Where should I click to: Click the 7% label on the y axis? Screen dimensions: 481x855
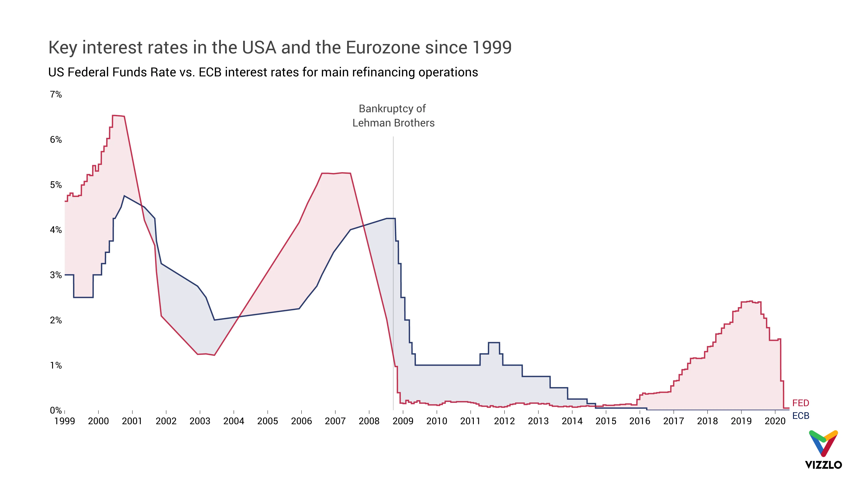point(56,95)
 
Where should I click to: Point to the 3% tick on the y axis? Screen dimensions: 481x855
point(56,275)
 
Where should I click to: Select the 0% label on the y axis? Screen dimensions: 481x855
point(56,411)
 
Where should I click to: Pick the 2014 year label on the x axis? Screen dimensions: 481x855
point(572,421)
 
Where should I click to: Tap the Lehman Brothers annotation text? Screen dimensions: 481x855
point(393,123)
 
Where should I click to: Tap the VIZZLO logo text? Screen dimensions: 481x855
point(823,465)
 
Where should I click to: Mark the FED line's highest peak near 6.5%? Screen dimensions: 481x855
point(118,116)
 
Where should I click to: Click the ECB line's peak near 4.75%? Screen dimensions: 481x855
point(124,196)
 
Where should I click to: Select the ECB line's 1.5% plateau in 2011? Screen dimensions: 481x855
point(494,342)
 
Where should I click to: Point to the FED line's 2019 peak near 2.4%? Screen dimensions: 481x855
point(751,302)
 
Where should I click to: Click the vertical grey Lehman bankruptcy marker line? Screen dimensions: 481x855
point(393,266)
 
